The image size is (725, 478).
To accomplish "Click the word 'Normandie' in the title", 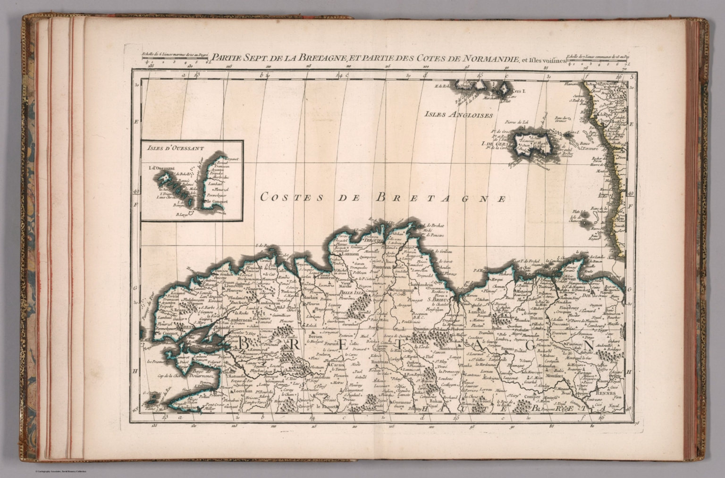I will click(494, 59).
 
